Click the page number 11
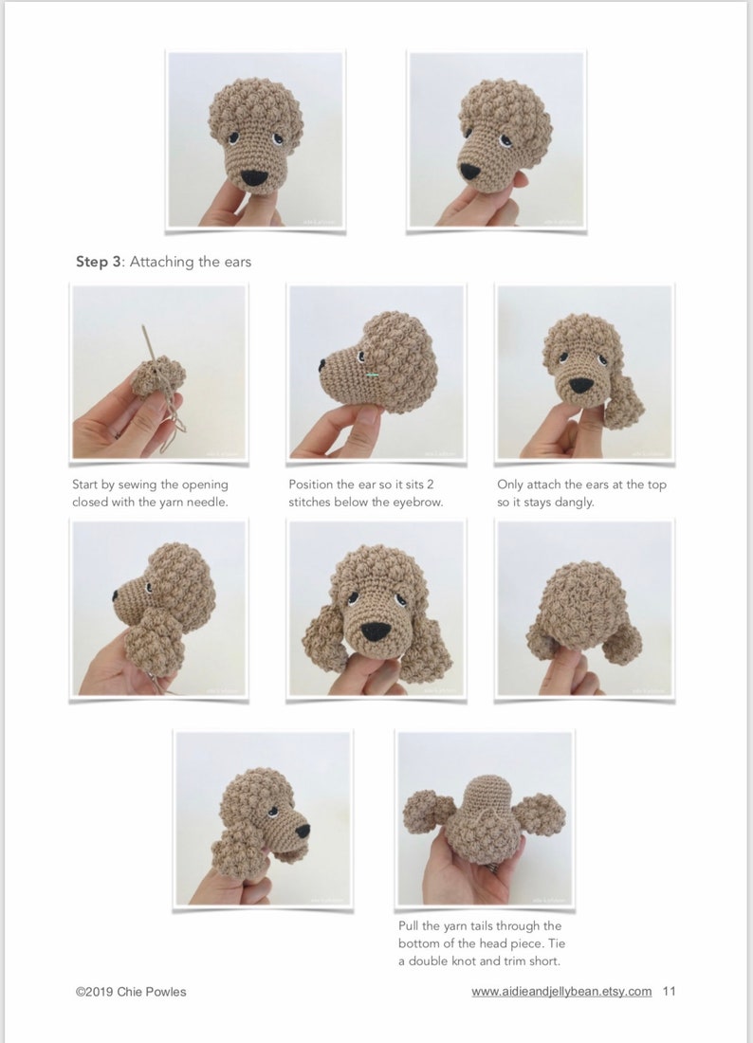click(670, 991)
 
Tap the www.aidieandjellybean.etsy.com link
click(561, 991)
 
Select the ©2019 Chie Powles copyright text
click(131, 992)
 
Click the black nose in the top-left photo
click(253, 177)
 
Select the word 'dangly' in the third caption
click(572, 502)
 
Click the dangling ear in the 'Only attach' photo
click(623, 405)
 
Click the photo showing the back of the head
click(583, 608)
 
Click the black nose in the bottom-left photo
click(303, 831)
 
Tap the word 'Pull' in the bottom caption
click(410, 925)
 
